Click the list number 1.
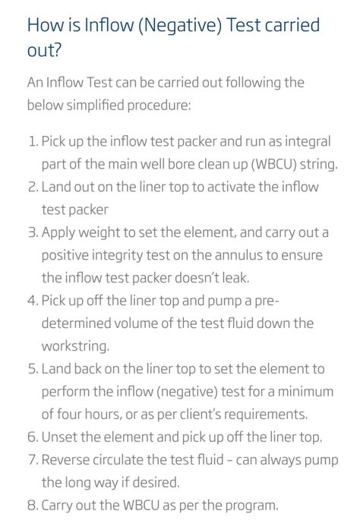point(32,141)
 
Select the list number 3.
point(32,232)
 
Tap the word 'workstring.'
point(75,345)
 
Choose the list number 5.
point(32,368)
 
